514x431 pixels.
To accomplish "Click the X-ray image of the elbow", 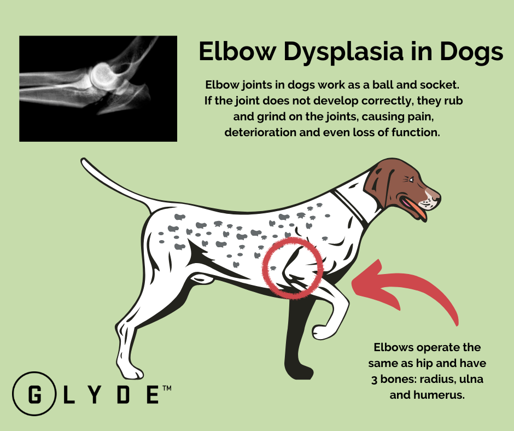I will pos(98,89).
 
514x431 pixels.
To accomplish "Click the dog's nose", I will pos(436,193).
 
